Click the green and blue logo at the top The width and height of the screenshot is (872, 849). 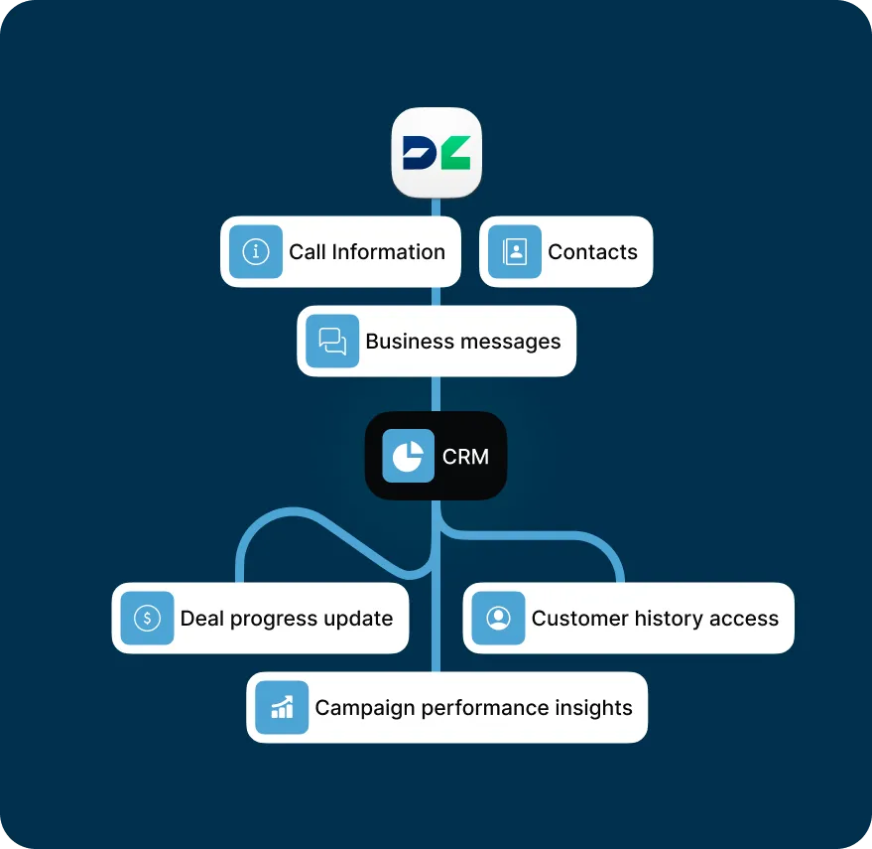tap(436, 152)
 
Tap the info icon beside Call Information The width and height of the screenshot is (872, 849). tap(256, 252)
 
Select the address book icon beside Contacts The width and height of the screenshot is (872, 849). tap(515, 252)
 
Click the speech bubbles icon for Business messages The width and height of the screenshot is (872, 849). tap(332, 342)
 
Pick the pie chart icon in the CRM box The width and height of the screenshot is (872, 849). tap(408, 456)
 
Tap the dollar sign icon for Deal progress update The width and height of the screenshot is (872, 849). tap(147, 619)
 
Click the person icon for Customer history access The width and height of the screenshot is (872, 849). tap(498, 619)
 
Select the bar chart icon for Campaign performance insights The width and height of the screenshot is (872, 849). tap(282, 708)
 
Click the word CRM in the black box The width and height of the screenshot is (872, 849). tap(465, 457)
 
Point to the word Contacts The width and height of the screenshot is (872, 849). tap(592, 252)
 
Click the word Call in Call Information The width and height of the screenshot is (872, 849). tap(308, 252)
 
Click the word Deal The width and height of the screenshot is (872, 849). tap(201, 619)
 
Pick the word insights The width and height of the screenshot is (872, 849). tap(593, 708)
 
